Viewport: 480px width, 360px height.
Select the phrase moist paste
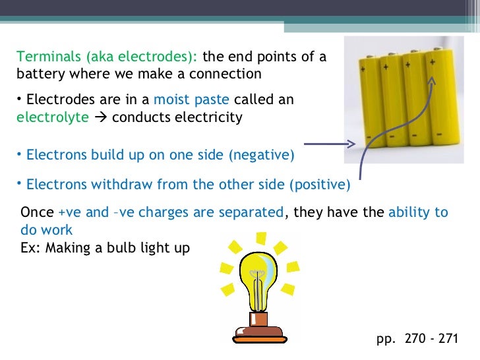pos(191,101)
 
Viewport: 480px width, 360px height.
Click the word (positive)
pos(320,185)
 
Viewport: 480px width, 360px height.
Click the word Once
pos(38,213)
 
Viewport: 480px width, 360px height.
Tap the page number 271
pos(448,339)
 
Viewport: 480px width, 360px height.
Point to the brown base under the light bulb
pos(258,330)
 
